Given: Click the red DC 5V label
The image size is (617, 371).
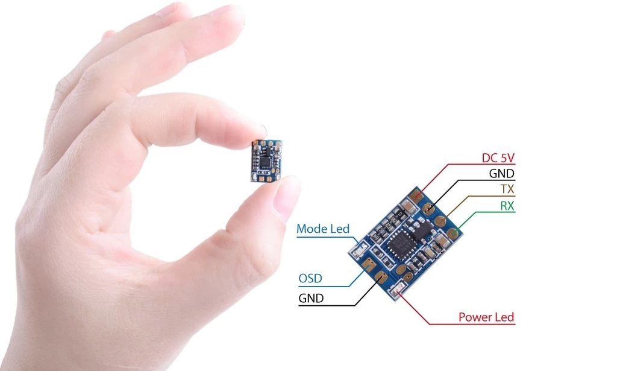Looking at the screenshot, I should click(x=498, y=158).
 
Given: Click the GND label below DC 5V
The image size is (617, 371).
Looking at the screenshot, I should click(x=503, y=174).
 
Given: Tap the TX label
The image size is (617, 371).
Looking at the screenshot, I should click(x=507, y=189).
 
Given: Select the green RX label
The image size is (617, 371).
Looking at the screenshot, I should click(x=507, y=206).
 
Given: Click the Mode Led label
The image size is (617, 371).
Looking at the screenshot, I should click(x=322, y=229).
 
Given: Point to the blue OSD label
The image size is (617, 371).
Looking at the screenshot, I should click(x=310, y=279).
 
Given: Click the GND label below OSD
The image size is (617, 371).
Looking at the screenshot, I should click(x=311, y=298).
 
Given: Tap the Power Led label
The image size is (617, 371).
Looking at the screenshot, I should click(x=486, y=317).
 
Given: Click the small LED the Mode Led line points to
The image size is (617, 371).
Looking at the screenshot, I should click(x=360, y=247).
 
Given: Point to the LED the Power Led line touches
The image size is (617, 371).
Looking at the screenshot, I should click(x=396, y=294).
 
